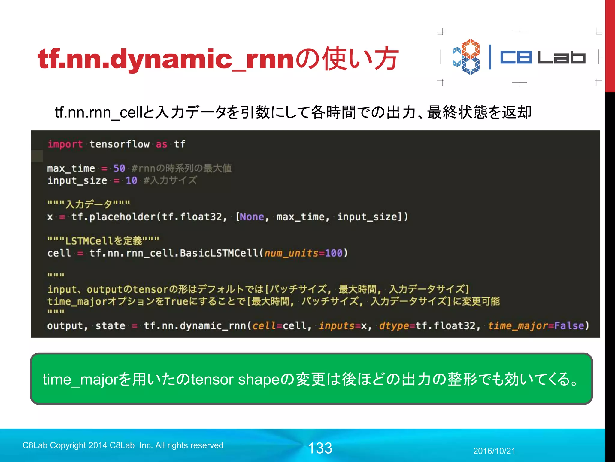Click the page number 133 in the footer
320,448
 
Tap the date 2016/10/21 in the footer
494,451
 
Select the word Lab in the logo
561,57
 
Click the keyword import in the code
65,144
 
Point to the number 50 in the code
119,168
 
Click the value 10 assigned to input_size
131,180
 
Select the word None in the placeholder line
252,217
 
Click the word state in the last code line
110,326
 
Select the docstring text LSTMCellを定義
104,241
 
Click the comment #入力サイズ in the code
170,180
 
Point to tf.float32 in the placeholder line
192,217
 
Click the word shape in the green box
259,380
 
